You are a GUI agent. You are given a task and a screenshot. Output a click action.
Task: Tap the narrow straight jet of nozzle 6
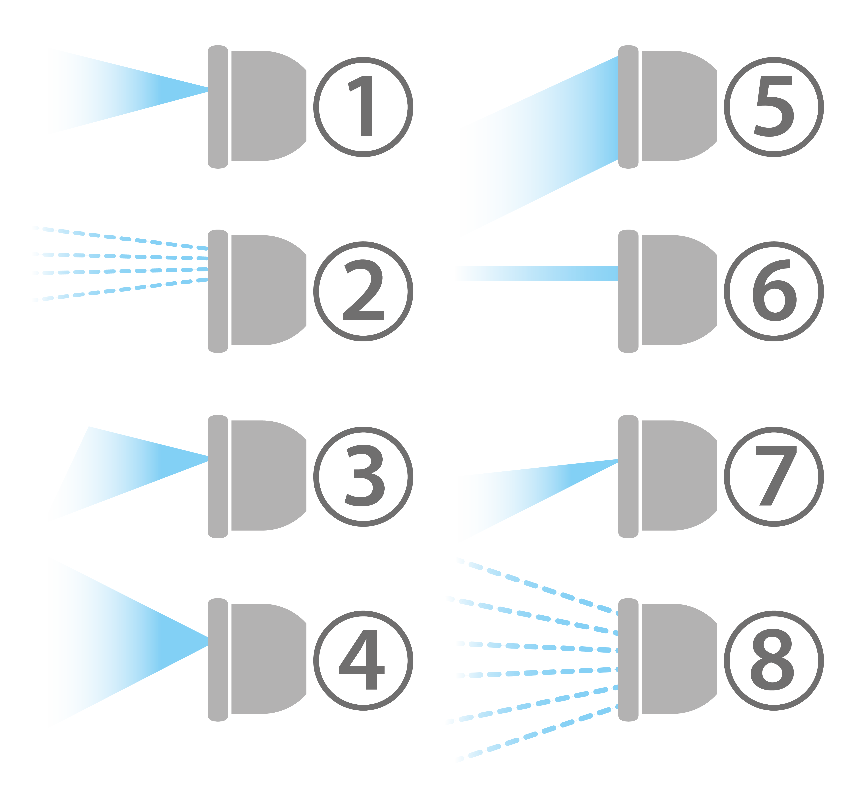tap(536, 273)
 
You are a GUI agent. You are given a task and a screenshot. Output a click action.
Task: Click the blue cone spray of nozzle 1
tap(107, 91)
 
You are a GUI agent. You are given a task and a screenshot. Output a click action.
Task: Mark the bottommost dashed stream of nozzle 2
tap(120, 290)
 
